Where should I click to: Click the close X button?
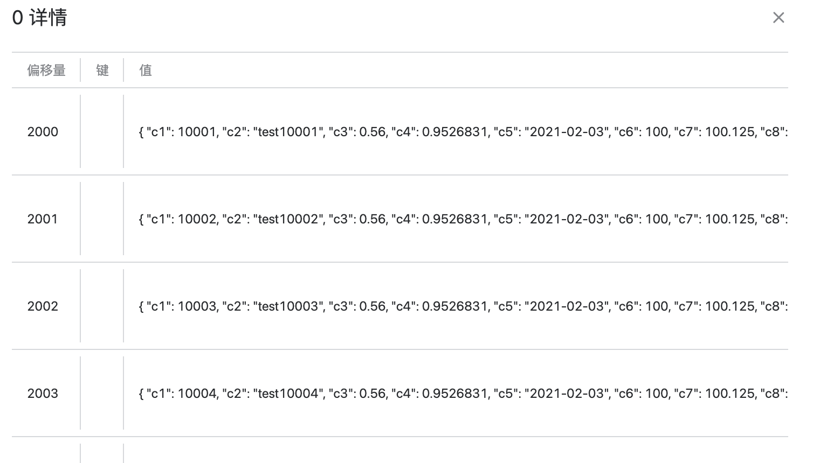tap(778, 18)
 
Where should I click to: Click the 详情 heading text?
tap(48, 18)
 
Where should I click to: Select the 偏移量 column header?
tap(46, 70)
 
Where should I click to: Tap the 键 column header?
tap(102, 70)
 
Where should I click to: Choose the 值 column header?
tap(146, 70)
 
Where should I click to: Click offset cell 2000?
tap(43, 132)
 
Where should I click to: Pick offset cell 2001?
tap(43, 219)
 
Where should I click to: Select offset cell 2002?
tap(43, 306)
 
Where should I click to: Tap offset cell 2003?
tap(43, 394)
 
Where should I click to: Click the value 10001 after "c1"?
tap(197, 132)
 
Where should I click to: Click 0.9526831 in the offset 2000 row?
tap(454, 132)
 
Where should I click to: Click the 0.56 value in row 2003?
tap(373, 394)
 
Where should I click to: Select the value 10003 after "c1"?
tap(197, 306)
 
